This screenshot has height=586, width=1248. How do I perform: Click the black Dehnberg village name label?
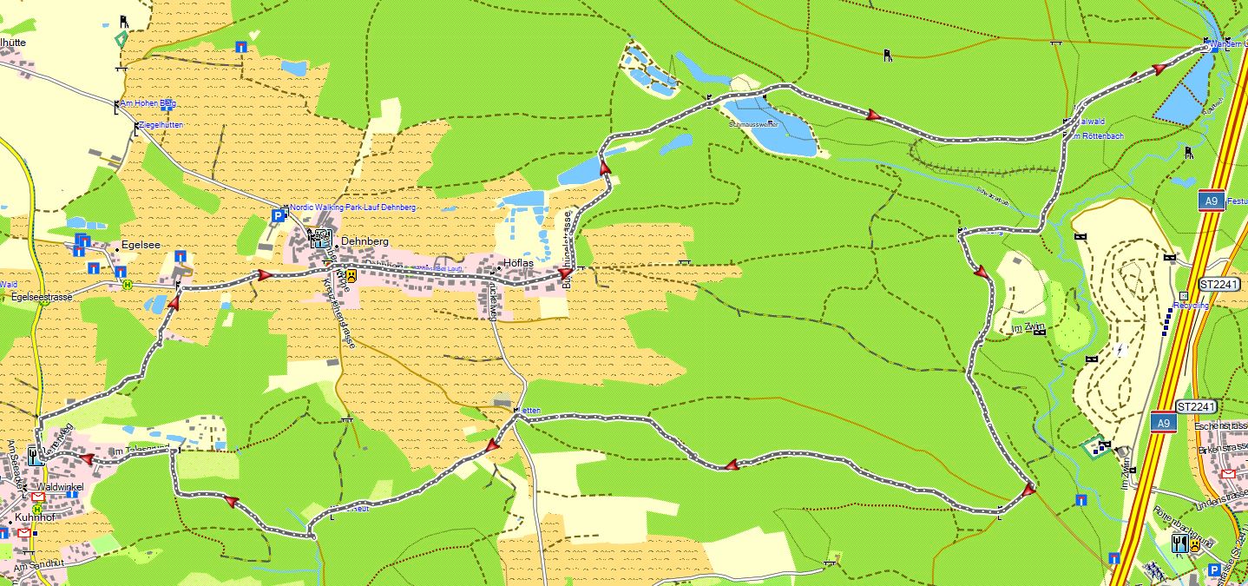click(x=365, y=241)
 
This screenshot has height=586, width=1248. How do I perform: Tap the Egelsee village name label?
click(x=141, y=246)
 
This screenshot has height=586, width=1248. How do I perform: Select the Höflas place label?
click(x=519, y=263)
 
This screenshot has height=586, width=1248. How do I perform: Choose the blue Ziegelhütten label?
click(x=162, y=126)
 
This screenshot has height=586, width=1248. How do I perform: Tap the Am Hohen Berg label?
click(x=148, y=104)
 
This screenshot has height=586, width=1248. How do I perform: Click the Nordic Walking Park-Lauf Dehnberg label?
click(x=352, y=208)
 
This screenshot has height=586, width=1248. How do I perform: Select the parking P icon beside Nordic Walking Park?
click(x=278, y=215)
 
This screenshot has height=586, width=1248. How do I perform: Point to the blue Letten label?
click(x=530, y=410)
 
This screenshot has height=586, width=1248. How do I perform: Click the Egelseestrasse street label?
click(x=42, y=296)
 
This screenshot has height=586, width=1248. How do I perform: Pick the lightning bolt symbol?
click(x=1122, y=350)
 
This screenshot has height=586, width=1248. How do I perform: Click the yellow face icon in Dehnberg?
click(x=351, y=275)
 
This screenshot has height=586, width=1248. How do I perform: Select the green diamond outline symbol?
click(x=121, y=39)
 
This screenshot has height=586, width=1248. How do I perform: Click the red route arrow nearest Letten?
click(x=492, y=445)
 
